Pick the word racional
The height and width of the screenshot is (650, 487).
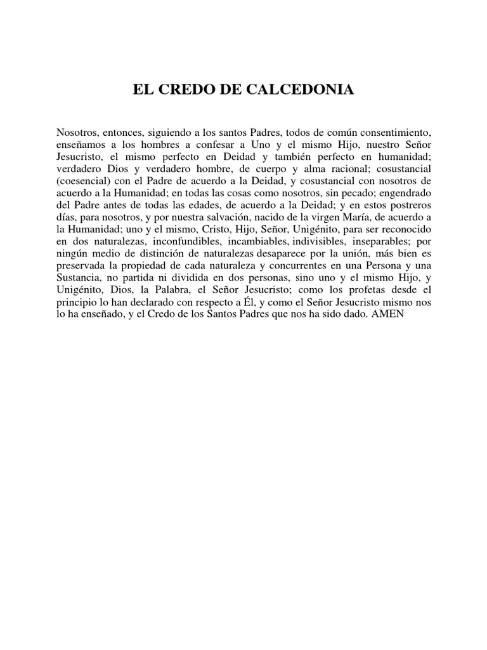[x=324, y=169]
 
